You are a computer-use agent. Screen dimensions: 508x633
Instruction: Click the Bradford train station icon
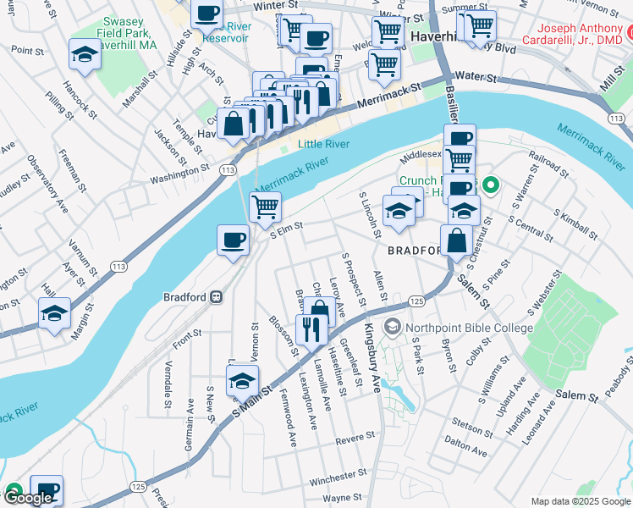pos(217,297)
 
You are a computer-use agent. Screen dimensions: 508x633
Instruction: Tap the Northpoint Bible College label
pos(469,328)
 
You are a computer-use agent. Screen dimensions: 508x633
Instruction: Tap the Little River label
pos(323,145)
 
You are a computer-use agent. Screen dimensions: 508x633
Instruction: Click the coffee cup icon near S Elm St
pos(233,240)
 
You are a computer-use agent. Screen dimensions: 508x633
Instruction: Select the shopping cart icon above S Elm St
pos(266,206)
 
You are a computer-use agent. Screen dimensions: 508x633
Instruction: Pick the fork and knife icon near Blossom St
pos(311,329)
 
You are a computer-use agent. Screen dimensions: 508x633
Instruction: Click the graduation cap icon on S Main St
pos(242,381)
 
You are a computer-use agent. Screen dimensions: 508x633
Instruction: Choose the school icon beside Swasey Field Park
pos(84,55)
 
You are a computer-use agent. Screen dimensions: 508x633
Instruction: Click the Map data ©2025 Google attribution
pos(580,500)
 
